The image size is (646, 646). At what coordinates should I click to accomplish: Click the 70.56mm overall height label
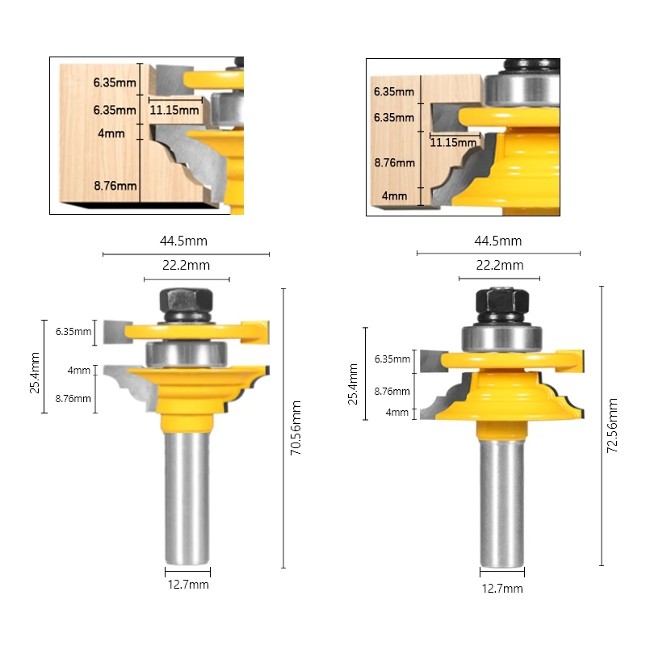click(296, 429)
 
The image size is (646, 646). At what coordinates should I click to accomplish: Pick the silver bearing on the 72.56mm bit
click(501, 337)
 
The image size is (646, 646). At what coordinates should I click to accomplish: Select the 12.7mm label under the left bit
click(187, 585)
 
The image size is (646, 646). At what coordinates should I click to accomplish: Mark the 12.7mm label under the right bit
click(502, 589)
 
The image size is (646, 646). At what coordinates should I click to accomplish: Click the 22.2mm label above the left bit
click(187, 265)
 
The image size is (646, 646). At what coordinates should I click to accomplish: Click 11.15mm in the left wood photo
click(174, 110)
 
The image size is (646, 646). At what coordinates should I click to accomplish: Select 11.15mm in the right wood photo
click(452, 143)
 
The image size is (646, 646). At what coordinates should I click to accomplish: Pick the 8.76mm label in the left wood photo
click(115, 186)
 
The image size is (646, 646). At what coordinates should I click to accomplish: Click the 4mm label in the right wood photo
click(394, 196)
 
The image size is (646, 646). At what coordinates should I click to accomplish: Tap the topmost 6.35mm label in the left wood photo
click(115, 82)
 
